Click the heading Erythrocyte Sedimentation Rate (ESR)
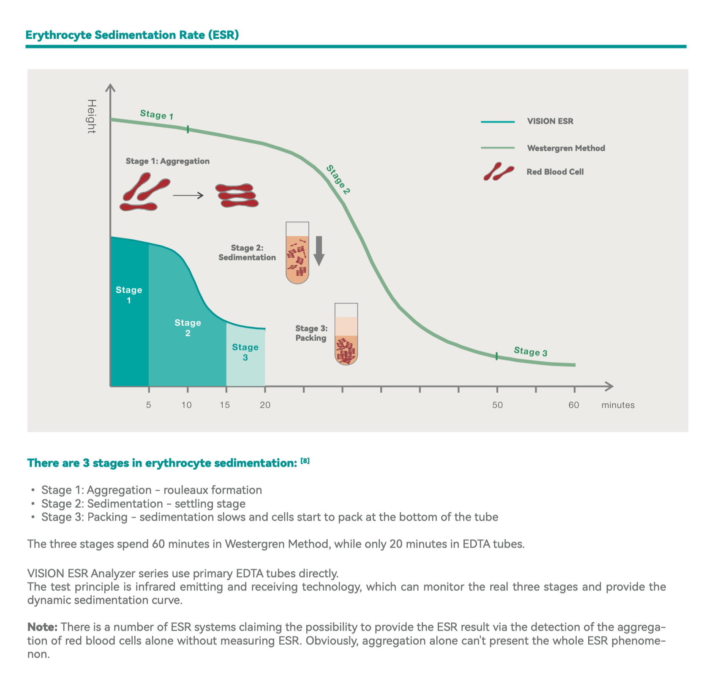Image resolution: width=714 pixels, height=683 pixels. [132, 35]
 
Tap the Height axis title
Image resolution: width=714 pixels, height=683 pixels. [91, 116]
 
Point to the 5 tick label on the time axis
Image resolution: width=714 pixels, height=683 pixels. [148, 405]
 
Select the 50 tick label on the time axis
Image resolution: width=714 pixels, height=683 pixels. [497, 405]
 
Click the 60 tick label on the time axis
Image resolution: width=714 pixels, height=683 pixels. [574, 405]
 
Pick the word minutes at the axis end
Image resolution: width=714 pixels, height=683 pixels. [618, 405]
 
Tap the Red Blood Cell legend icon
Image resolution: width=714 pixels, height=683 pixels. [499, 171]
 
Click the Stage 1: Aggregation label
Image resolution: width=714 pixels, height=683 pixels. [168, 161]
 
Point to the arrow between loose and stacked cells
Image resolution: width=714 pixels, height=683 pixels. [188, 195]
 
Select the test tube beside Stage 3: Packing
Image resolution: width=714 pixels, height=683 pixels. [346, 334]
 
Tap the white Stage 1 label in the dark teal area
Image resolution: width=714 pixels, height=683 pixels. [129, 295]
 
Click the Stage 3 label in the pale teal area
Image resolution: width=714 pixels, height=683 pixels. [245, 352]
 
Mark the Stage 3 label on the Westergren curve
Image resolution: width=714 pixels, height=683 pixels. [531, 352]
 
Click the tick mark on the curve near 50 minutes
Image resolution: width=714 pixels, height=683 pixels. [497, 356]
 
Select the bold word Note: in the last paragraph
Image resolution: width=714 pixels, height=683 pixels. [43, 626]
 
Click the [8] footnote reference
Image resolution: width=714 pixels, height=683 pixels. [305, 461]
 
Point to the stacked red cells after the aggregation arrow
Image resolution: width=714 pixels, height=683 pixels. [237, 195]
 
